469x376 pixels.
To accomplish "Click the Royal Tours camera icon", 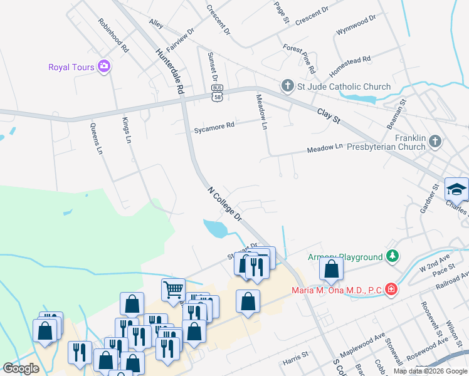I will click(x=104, y=67).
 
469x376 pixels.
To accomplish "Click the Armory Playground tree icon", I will click(x=393, y=256).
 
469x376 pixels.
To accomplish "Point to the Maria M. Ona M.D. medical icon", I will click(x=391, y=290).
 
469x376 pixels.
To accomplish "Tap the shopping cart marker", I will click(x=173, y=289).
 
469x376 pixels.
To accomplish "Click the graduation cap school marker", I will click(x=456, y=189).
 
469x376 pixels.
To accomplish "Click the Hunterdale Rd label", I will click(x=171, y=72).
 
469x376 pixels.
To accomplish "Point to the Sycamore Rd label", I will click(x=214, y=125).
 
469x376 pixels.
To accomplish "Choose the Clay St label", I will click(x=328, y=115).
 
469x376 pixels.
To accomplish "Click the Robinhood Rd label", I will click(x=113, y=34).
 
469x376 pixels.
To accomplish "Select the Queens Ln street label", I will click(x=96, y=138).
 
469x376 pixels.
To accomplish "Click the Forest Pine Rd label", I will click(x=298, y=57).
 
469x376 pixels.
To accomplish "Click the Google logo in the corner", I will click(x=21, y=368).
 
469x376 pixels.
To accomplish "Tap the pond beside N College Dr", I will click(x=215, y=228).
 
